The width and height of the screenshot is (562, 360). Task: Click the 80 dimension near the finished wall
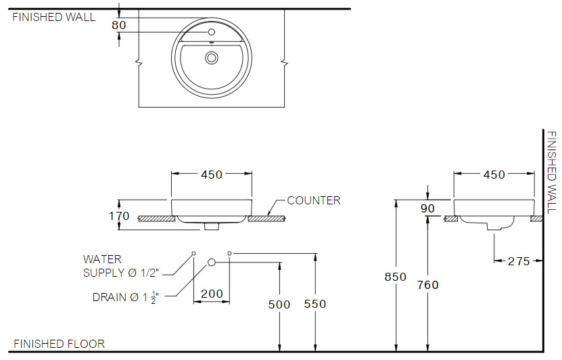pyautogui.click(x=119, y=25)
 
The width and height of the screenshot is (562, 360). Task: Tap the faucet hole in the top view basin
pyautogui.click(x=212, y=32)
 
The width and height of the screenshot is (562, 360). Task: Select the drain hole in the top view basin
pyautogui.click(x=212, y=58)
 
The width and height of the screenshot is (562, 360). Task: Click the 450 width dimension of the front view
pyautogui.click(x=212, y=175)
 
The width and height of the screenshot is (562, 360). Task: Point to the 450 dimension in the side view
pyautogui.click(x=494, y=175)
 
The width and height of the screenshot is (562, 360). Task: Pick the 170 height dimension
pyautogui.click(x=119, y=217)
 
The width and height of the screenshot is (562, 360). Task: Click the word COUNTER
pyautogui.click(x=314, y=200)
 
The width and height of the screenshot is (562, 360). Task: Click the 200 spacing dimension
pyautogui.click(x=211, y=294)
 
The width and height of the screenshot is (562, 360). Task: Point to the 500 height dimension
pyautogui.click(x=279, y=305)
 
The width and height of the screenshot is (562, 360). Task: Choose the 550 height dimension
pyautogui.click(x=315, y=304)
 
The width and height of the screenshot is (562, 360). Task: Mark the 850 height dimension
pyautogui.click(x=396, y=277)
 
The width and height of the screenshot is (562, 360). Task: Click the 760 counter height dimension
pyautogui.click(x=427, y=285)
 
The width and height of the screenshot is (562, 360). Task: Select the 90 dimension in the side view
pyautogui.click(x=427, y=208)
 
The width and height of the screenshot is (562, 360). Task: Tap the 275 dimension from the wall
pyautogui.click(x=519, y=261)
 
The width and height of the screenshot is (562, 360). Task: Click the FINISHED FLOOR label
pyautogui.click(x=60, y=344)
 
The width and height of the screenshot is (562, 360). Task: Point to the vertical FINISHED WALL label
pyautogui.click(x=552, y=172)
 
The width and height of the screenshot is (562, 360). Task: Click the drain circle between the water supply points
pyautogui.click(x=212, y=261)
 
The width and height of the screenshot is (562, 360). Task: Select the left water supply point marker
pyautogui.click(x=193, y=253)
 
